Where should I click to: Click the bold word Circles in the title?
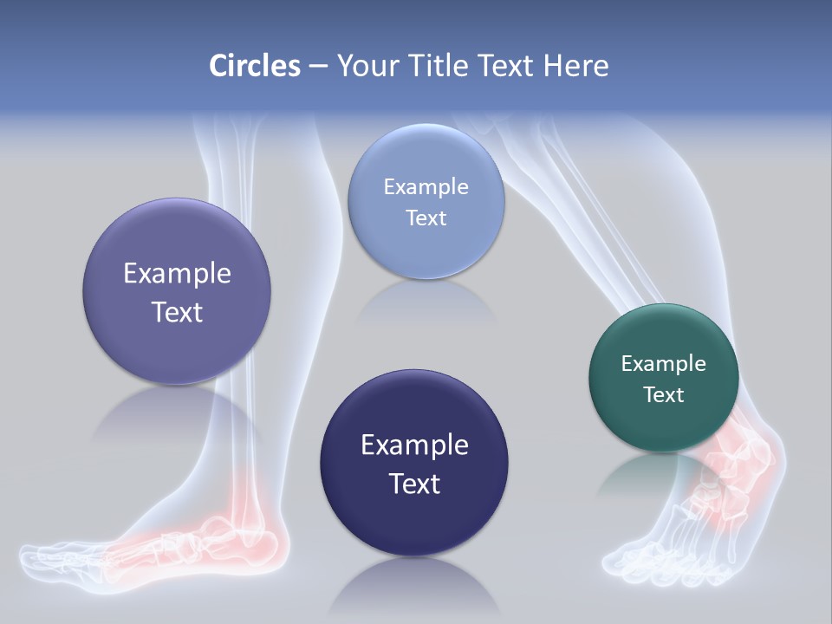click(x=254, y=66)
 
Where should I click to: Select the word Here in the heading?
click(x=575, y=66)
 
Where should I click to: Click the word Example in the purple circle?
click(x=177, y=274)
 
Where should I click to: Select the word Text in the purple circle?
click(x=177, y=312)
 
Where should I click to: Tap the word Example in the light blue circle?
click(x=426, y=187)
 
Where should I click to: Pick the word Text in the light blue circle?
click(x=426, y=218)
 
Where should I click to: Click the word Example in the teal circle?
click(x=663, y=364)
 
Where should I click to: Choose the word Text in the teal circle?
click(x=663, y=395)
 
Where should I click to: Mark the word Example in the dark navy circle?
click(x=414, y=445)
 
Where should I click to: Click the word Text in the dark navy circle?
click(x=414, y=484)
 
